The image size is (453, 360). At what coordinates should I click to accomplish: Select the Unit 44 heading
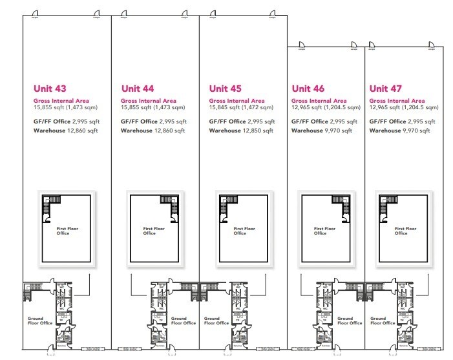point(138,89)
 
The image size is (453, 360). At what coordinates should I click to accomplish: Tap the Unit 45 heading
point(226,89)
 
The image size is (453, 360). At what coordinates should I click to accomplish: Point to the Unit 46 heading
point(308,89)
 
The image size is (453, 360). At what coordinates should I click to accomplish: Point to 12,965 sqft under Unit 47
point(383,107)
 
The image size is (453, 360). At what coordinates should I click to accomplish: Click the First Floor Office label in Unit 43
point(63,231)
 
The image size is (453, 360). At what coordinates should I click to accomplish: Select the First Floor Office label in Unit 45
point(239,231)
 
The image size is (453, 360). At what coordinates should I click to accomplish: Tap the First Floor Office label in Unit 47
point(399,231)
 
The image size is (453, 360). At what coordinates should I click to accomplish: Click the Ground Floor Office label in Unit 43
point(37,321)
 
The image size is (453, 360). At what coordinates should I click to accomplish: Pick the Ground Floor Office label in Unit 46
point(344,321)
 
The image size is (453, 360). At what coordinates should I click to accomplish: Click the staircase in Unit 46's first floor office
point(341,207)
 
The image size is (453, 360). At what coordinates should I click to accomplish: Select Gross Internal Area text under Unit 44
point(148,101)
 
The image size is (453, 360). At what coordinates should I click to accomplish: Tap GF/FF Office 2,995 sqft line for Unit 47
point(401,121)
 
